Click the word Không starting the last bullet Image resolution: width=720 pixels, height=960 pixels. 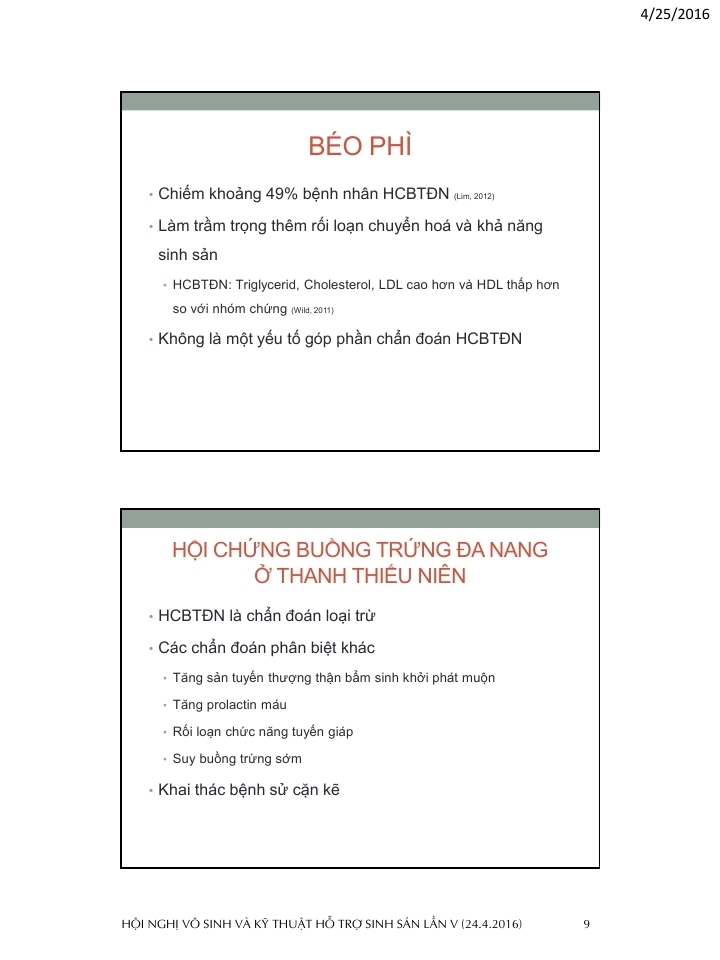[181, 338]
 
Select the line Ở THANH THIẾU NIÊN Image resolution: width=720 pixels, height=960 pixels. [360, 577]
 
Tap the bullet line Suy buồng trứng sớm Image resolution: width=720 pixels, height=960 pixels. [237, 759]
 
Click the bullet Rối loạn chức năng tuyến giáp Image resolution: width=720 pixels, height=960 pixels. [262, 732]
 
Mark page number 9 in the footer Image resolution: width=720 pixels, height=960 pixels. [586, 923]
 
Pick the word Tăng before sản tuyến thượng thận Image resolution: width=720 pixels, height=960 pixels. [187, 678]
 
